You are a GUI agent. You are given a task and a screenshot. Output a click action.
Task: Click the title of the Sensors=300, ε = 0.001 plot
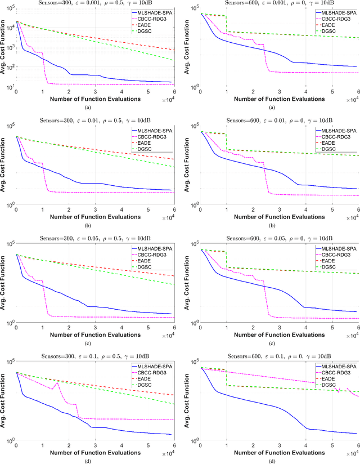pyautogui.click(x=94, y=3)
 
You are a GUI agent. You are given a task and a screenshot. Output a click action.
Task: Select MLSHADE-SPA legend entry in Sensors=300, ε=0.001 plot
pyautogui.click(x=151, y=12)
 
